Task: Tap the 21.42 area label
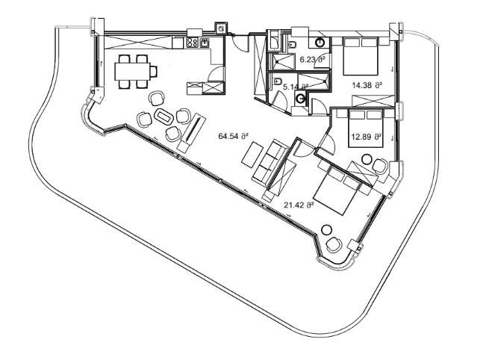[x=298, y=203]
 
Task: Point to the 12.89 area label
[x=367, y=137]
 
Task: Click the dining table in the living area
[x=136, y=71]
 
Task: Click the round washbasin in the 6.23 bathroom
[x=320, y=43]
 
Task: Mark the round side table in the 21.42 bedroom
[x=326, y=229]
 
